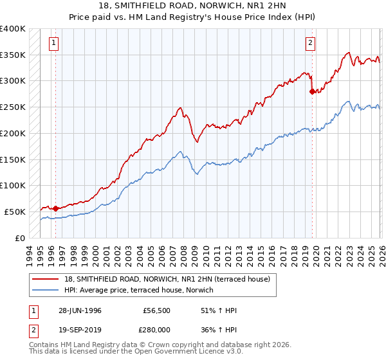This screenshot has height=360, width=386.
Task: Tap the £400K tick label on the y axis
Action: pyautogui.click(x=13, y=29)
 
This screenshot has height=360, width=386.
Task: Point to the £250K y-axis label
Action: pyautogui.click(x=13, y=107)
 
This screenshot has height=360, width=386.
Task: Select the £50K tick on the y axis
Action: pyautogui.click(x=15, y=212)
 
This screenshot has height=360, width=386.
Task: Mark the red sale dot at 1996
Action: pyautogui.click(x=55, y=208)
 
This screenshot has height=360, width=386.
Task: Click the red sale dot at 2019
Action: pyautogui.click(x=312, y=91)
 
